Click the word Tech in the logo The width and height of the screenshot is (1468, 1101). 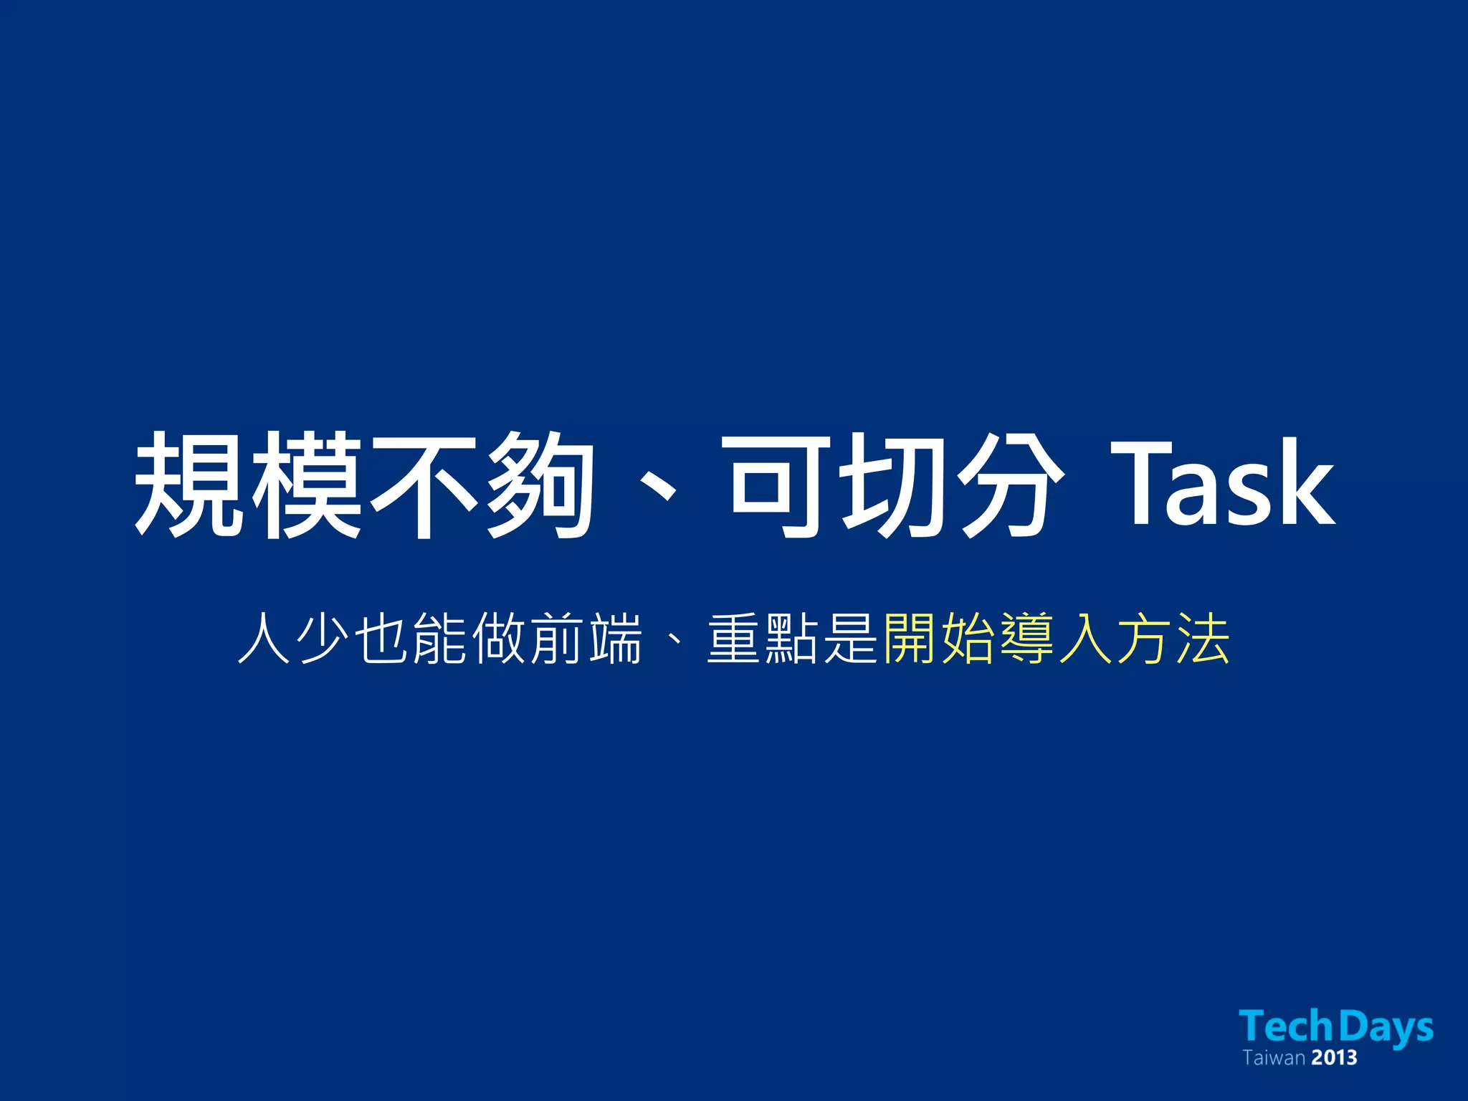[x=1286, y=1026]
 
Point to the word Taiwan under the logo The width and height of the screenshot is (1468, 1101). [x=1273, y=1058]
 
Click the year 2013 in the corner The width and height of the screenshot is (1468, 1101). [x=1334, y=1058]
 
